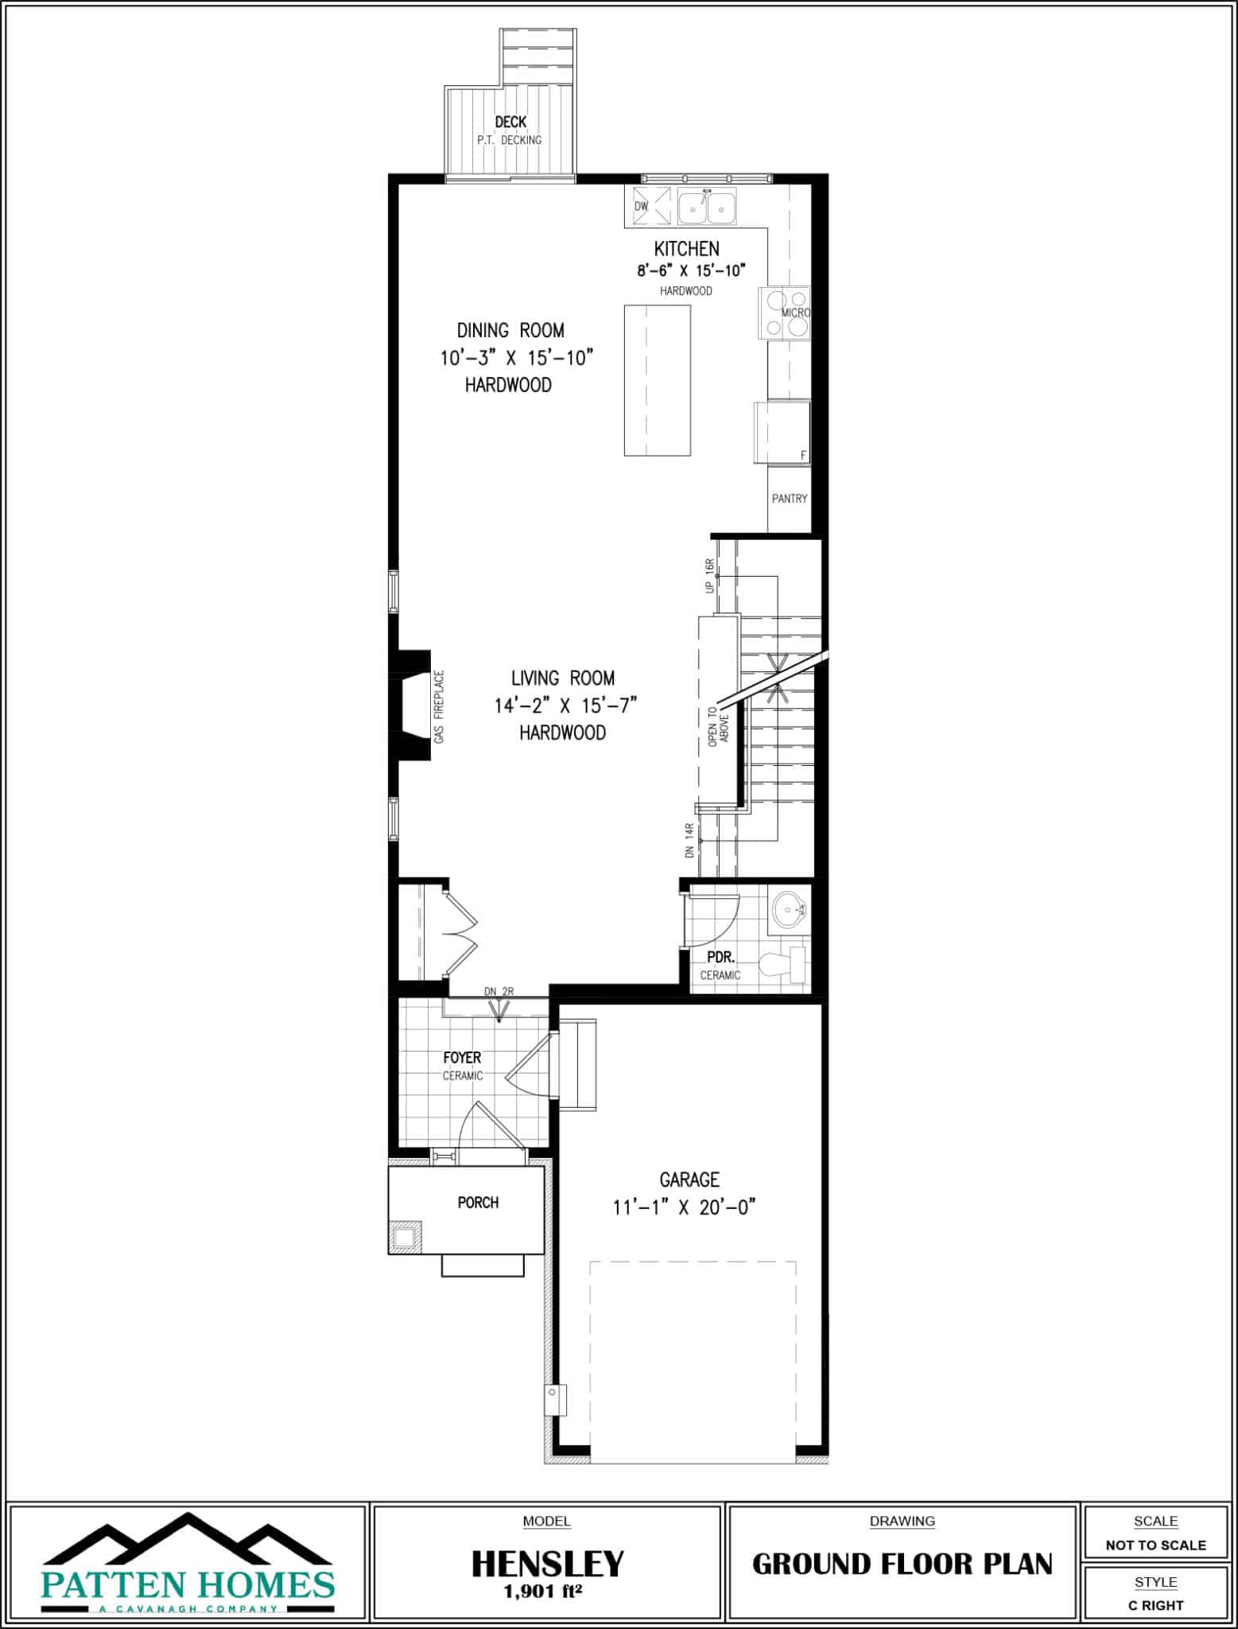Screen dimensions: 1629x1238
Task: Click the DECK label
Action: [x=510, y=122]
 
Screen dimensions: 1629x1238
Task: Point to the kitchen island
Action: [x=657, y=380]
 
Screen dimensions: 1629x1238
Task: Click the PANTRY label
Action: [x=789, y=499]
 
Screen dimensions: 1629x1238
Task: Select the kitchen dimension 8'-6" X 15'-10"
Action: [x=690, y=270]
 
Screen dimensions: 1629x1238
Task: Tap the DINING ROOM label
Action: [x=510, y=330]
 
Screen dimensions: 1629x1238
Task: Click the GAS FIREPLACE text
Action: [x=440, y=707]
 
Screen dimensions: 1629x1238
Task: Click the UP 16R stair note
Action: [x=710, y=576]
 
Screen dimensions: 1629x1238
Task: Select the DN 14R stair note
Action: [x=689, y=841]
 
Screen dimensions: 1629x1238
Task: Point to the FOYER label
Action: [x=462, y=1058]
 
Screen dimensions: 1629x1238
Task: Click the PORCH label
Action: [x=478, y=1203]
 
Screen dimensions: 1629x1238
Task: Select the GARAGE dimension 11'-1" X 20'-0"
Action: [x=683, y=1207]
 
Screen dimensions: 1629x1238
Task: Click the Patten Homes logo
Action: [x=188, y=1564]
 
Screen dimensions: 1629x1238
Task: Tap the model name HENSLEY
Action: [x=547, y=1564]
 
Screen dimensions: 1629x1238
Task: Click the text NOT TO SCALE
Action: [x=1155, y=1545]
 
